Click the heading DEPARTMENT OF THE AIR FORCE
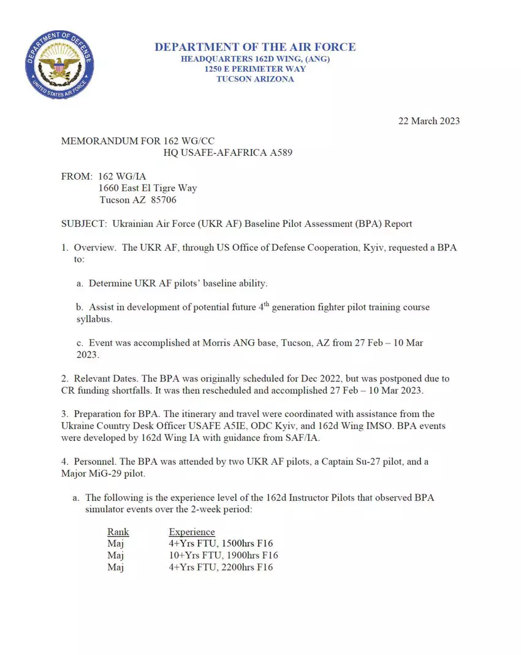(255, 47)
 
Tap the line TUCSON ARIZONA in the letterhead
(255, 79)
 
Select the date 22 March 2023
(429, 121)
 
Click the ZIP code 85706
(164, 200)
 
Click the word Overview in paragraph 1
(94, 248)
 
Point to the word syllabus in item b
(94, 319)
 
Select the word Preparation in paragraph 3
(99, 414)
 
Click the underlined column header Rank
(118, 532)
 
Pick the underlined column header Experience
(192, 532)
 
